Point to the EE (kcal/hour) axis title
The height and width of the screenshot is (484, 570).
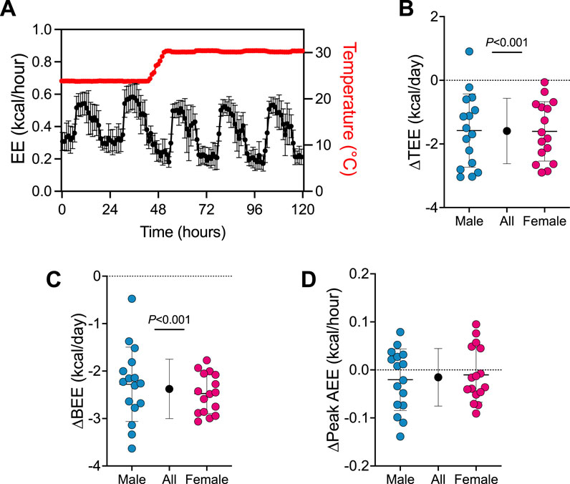pyautogui.click(x=14, y=111)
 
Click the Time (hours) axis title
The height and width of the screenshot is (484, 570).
pyautogui.click(x=183, y=232)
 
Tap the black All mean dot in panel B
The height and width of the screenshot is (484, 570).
pyautogui.click(x=506, y=130)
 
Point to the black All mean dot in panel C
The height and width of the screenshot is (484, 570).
pyautogui.click(x=170, y=388)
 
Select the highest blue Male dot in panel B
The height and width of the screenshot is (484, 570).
pyautogui.click(x=469, y=52)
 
